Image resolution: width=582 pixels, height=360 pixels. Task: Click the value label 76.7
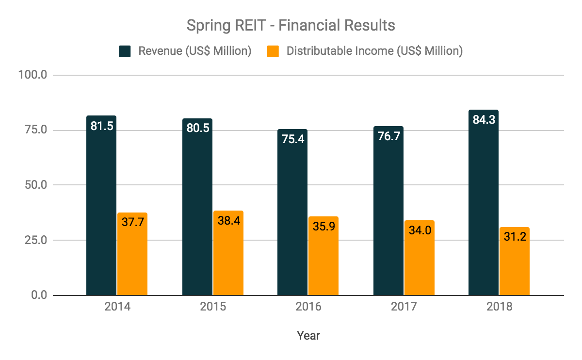(388, 137)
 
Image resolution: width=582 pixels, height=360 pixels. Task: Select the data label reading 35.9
(323, 226)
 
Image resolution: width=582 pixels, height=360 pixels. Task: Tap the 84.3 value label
(484, 119)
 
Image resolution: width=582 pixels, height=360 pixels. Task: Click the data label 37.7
(132, 222)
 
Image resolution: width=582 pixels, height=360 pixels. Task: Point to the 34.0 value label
(420, 230)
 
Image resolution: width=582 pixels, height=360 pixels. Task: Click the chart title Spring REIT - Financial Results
(291, 25)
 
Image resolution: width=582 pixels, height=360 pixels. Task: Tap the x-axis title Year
(308, 335)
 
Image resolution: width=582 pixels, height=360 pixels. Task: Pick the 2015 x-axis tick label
(212, 308)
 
